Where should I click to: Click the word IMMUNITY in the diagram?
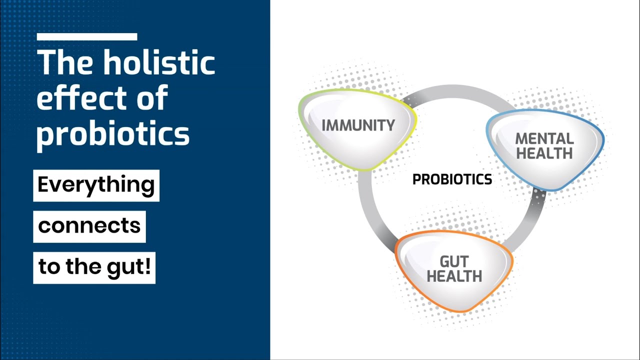point(358,125)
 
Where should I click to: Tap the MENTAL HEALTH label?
point(544,146)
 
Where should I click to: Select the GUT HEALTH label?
point(454,269)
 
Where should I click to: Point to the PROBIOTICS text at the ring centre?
point(452,179)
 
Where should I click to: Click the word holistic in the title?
point(159,62)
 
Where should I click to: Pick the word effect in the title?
point(81,97)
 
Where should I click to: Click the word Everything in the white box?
point(96,185)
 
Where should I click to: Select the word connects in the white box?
point(89,226)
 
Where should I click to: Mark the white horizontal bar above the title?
point(87,36)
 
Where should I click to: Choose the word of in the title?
point(152,97)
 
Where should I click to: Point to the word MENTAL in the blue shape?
point(544,139)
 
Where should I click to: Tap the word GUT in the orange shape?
point(454,261)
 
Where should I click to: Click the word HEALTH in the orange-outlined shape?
point(454,276)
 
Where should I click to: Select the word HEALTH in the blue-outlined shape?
point(544,153)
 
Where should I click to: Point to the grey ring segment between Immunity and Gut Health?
point(369,211)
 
